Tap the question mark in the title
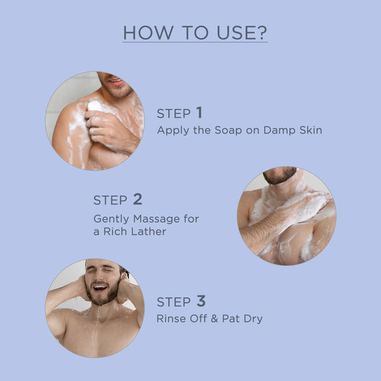pos(262,32)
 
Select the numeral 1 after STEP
pos(199,113)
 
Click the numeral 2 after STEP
pos(137,199)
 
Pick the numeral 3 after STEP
pos(201,301)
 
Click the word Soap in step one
pos(223,130)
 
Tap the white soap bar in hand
pos(95,106)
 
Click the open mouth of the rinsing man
pos(99,288)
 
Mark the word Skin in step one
pos(311,130)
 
